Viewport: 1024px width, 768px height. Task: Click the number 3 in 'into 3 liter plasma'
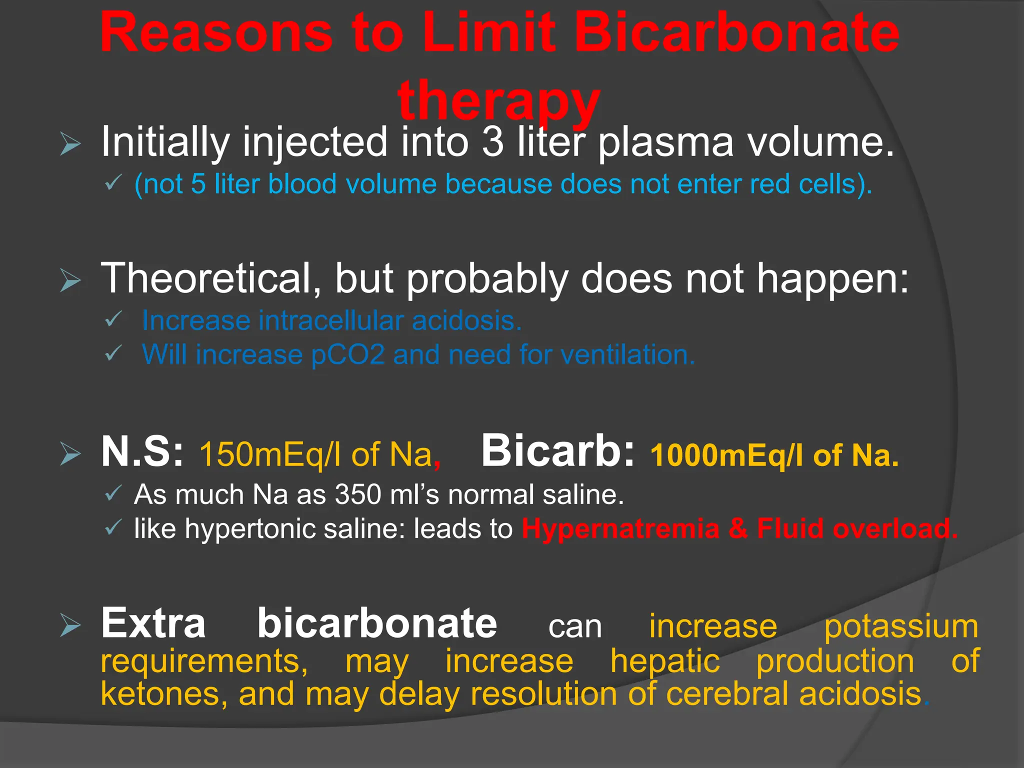493,142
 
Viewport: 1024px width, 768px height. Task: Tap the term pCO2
347,355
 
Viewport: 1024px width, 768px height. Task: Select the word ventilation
624,355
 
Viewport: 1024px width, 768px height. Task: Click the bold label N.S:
142,451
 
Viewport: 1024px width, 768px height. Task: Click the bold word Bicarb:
557,450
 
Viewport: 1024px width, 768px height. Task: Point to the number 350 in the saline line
357,494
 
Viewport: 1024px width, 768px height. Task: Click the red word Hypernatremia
620,528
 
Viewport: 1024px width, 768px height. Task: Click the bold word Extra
153,623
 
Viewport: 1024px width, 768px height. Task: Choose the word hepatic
664,661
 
